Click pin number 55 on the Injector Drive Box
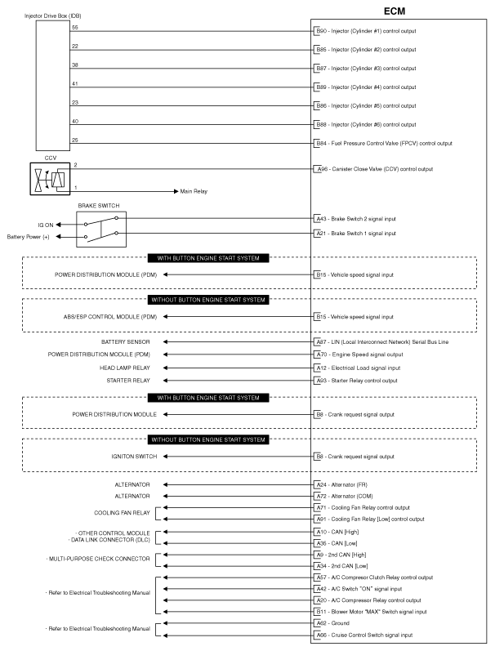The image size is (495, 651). [74, 28]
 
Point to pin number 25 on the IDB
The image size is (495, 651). [74, 140]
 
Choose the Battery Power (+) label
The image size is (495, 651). [29, 237]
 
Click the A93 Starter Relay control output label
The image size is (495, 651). [356, 380]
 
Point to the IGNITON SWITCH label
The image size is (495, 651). [134, 456]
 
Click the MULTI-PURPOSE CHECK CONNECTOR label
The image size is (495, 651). [109, 560]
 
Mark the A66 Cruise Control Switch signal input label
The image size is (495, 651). [364, 635]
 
